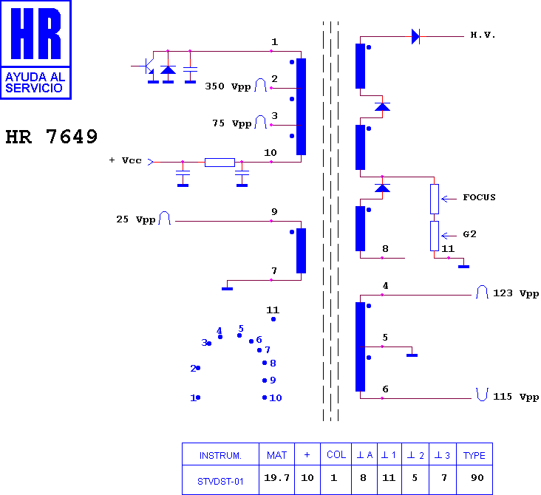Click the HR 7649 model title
[x=52, y=137]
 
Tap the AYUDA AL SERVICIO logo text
[x=35, y=83]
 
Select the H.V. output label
[x=483, y=35]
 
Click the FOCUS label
[x=479, y=197]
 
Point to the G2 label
[x=469, y=234]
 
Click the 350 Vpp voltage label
[x=228, y=86]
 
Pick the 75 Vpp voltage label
[x=231, y=123]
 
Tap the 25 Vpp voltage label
[x=135, y=219]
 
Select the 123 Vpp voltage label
[x=516, y=293]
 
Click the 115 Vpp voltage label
[x=516, y=397]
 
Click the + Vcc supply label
[x=125, y=160]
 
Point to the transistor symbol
[x=149, y=66]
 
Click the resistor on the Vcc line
[x=220, y=162]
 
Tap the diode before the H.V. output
[x=416, y=36]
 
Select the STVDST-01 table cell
[x=220, y=481]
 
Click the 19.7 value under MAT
[x=276, y=478]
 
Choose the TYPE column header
[x=474, y=455]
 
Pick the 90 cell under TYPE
[x=477, y=478]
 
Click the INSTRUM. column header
[x=220, y=456]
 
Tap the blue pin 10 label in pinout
[x=276, y=398]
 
